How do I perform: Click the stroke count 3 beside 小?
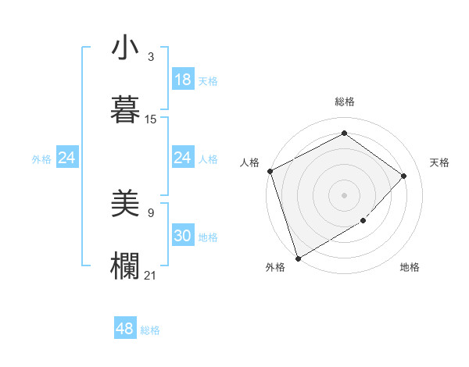click(151, 58)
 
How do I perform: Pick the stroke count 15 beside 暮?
click(151, 119)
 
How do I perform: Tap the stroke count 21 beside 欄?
click(151, 274)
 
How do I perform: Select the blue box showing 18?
click(182, 80)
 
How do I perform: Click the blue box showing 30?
click(182, 236)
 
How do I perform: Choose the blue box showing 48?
click(124, 329)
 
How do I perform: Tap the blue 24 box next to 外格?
click(66, 159)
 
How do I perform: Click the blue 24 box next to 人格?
click(182, 158)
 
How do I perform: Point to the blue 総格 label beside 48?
click(150, 330)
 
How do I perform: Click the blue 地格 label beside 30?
click(208, 237)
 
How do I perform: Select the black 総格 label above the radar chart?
click(344, 102)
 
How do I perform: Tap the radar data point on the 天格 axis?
click(404, 176)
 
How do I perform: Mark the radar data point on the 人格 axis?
click(270, 171)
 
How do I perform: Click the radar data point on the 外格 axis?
click(298, 258)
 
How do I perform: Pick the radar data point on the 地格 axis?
click(363, 221)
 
